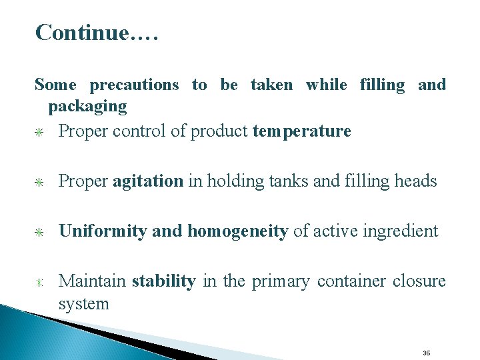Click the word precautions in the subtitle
pos(134,85)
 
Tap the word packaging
pos(87,106)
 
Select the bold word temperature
pos(302,131)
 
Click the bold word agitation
pos(147,181)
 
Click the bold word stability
pos(163,281)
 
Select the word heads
pos(415,181)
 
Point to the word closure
pos(419,281)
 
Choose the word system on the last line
pos(83,304)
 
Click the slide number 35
pos(427,353)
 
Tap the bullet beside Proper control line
pos(40,132)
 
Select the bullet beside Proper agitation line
pos(40,182)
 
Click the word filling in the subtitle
pos(382,85)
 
